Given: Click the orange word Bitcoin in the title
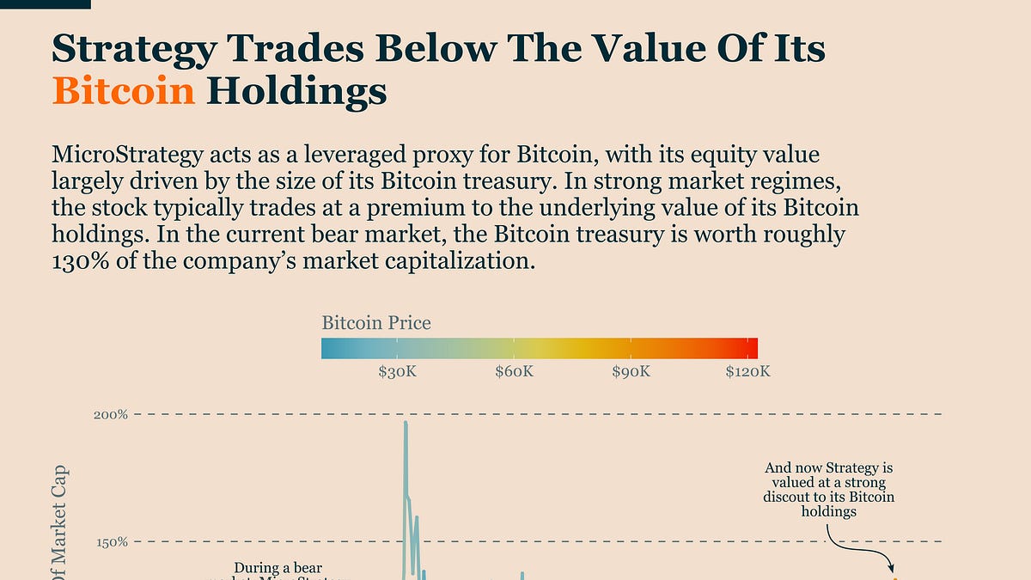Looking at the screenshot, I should coord(124,91).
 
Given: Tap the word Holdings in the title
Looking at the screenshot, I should coord(297,91).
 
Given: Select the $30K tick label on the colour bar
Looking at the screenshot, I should coord(396,371).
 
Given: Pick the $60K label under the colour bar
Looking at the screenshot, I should coord(514,371).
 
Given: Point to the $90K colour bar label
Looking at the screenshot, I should coord(631,371).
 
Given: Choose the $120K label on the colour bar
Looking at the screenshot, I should coord(747,371).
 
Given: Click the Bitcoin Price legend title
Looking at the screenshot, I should coord(376,324).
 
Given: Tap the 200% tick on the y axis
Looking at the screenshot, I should coord(111,415).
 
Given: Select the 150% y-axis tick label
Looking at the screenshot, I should coord(111,542).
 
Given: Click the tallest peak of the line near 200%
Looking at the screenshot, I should coord(406,423).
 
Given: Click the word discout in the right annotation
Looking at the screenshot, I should coord(783,498).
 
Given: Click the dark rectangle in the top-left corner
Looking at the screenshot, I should coord(45,3).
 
